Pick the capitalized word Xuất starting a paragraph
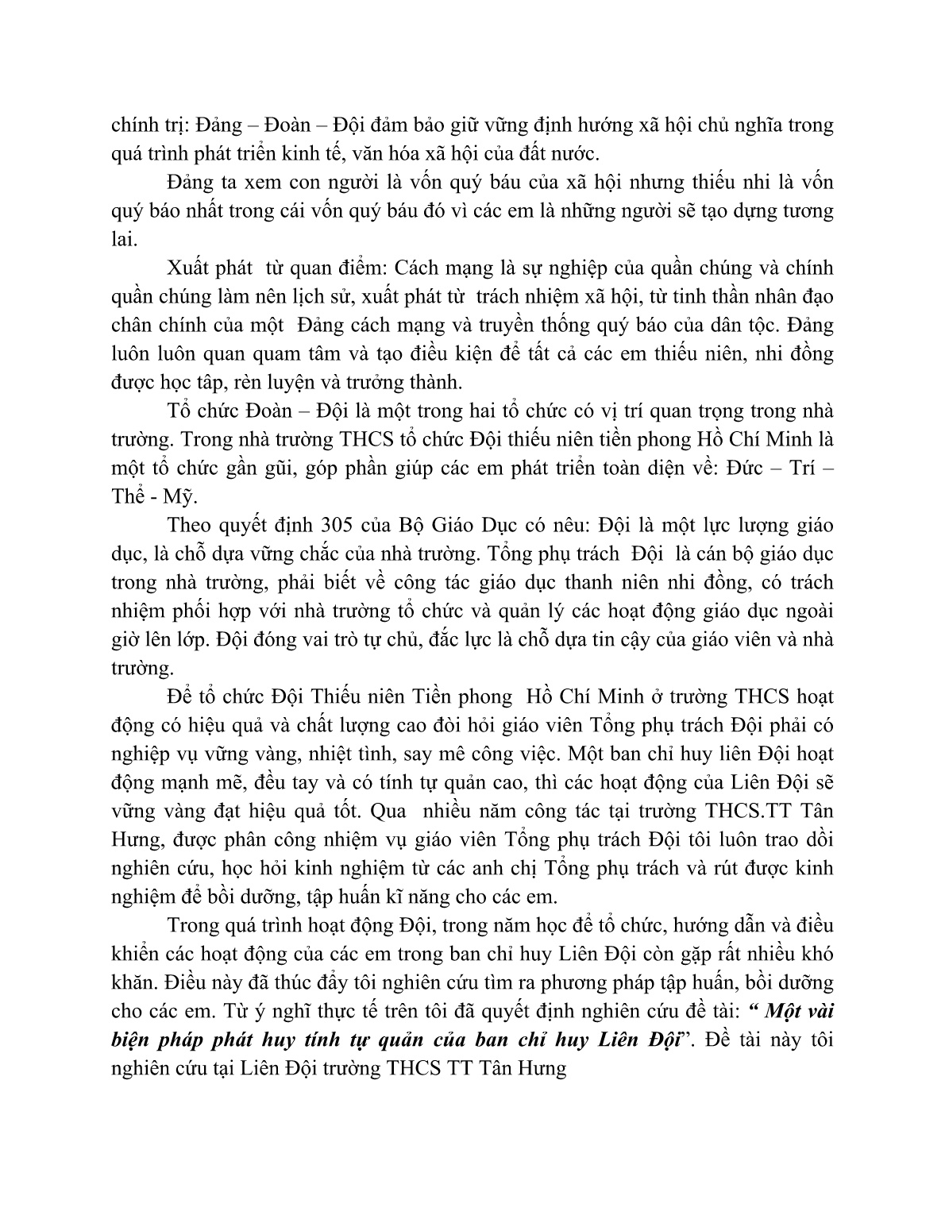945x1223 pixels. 191,268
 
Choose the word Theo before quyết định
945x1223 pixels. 191,525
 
